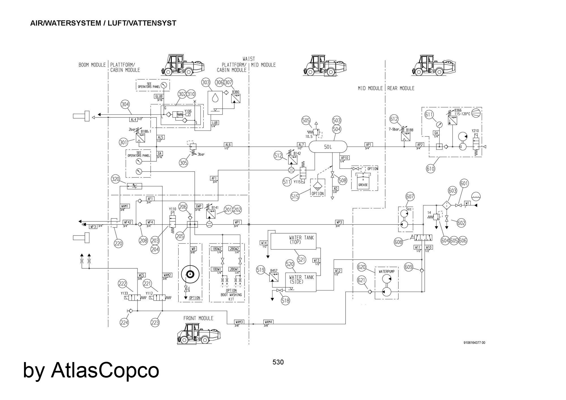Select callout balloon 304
point(125,104)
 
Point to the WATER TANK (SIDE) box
point(301,282)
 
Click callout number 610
point(430,169)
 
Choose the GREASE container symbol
point(363,181)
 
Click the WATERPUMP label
point(386,271)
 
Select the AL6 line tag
point(228,145)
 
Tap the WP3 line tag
point(339,222)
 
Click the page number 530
point(278,362)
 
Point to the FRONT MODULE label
point(198,318)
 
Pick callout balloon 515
point(295,197)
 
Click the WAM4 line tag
point(268,322)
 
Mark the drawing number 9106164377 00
point(474,343)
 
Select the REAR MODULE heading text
point(400,88)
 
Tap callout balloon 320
point(115,179)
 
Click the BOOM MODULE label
point(92,65)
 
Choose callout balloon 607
point(410,196)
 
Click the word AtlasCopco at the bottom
point(105,370)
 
